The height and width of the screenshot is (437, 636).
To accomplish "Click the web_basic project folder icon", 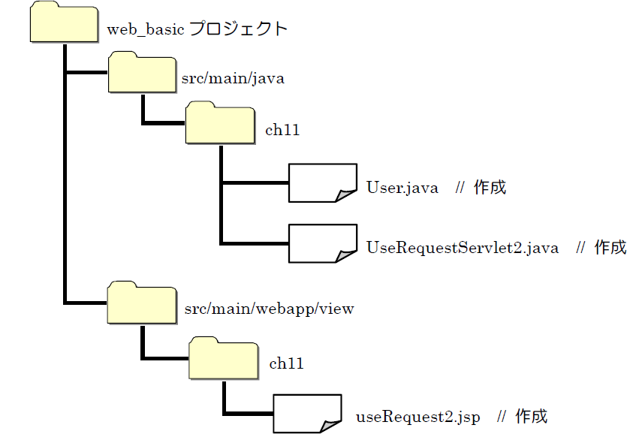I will [x=64, y=24].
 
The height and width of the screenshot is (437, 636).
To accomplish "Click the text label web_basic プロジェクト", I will [x=197, y=29].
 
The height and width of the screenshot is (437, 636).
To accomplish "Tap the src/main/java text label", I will [x=234, y=78].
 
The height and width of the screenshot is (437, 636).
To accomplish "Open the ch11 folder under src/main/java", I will [x=220, y=124].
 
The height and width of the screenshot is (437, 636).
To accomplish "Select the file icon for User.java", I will [x=322, y=182].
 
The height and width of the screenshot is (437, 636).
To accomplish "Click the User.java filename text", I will [x=402, y=188].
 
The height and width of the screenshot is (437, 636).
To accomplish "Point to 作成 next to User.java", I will [x=490, y=188].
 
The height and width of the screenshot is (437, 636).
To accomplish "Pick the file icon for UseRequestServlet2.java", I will [x=322, y=242].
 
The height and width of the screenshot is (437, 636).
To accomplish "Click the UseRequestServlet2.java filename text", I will [x=462, y=248].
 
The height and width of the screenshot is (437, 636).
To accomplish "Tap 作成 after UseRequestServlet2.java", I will [x=610, y=248].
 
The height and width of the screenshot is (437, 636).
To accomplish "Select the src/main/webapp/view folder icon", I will [x=140, y=303].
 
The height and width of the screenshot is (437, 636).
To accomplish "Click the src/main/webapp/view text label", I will [x=269, y=309].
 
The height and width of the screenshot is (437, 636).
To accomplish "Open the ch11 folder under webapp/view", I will [x=223, y=359].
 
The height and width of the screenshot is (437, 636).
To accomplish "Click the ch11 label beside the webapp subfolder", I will [x=286, y=364].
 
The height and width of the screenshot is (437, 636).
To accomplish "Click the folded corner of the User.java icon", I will [x=346, y=196].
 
